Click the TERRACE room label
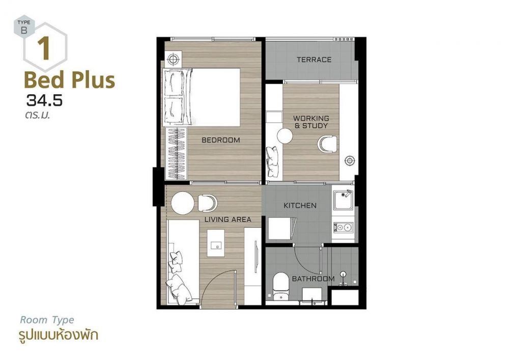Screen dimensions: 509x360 click(314, 60)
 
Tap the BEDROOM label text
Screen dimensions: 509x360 click(221, 140)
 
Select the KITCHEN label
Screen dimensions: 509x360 click(300, 206)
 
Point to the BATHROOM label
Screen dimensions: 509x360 click(313, 279)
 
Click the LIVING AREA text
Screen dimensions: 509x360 click(228, 220)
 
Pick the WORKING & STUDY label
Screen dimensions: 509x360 click(311, 122)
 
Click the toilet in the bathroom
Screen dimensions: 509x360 click(280, 286)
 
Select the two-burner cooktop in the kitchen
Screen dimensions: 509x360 click(343, 227)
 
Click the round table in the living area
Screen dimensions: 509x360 click(183, 203)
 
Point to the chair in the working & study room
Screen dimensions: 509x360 click(327, 144)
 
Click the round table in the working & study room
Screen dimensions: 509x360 click(285, 136)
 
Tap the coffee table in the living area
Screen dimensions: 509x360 click(216, 243)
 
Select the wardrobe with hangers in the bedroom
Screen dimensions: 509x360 click(175, 154)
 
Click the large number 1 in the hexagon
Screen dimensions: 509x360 click(44, 49)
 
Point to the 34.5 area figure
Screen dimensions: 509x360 click(44, 101)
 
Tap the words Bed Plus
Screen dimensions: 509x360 click(69, 80)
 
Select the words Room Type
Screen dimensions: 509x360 click(47, 320)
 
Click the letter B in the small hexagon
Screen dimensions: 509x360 click(24, 31)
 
